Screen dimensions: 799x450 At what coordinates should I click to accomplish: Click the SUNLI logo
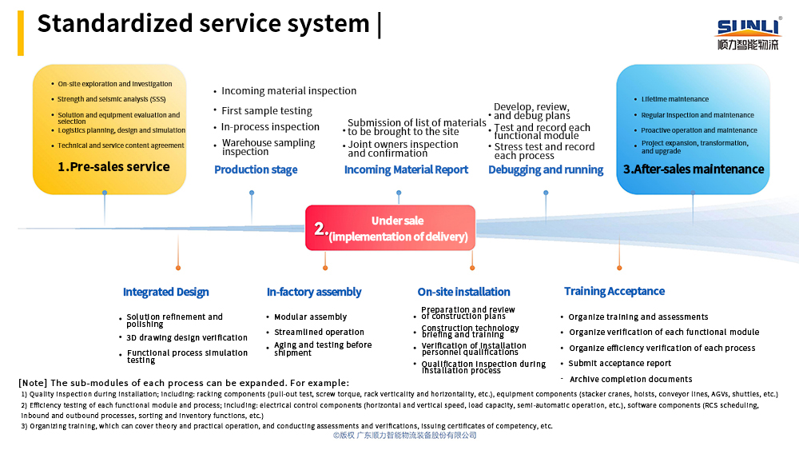tap(749, 34)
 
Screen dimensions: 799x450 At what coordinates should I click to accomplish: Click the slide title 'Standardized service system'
tap(203, 23)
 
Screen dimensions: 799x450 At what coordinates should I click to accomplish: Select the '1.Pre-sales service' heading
tap(113, 166)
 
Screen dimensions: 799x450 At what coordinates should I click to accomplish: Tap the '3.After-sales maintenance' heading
tap(694, 169)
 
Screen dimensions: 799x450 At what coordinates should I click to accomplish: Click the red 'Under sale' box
tap(391, 228)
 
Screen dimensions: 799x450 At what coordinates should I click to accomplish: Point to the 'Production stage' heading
tap(256, 169)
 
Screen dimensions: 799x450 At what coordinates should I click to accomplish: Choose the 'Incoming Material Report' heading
tap(406, 169)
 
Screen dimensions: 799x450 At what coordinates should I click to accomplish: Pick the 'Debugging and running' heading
tap(546, 169)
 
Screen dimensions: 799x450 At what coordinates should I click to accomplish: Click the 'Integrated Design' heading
tap(165, 292)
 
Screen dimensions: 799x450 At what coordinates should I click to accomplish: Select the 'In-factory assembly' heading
tap(314, 292)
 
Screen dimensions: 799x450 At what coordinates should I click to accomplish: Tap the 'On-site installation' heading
tap(463, 292)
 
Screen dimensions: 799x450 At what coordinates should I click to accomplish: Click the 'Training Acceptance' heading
tap(614, 291)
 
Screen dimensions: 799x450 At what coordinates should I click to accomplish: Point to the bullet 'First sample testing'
tap(267, 110)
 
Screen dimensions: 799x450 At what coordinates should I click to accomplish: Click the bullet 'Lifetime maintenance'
tap(674, 99)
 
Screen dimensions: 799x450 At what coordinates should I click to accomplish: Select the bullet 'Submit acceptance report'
tap(620, 364)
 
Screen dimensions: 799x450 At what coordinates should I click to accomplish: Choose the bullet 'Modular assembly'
tap(310, 317)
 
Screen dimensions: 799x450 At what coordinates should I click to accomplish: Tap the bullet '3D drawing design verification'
tap(187, 338)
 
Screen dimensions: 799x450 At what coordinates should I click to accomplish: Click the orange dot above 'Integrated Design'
tap(178, 268)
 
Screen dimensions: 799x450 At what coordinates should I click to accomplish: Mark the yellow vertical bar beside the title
tap(21, 33)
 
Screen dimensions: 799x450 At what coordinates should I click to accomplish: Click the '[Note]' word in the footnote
tap(33, 383)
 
